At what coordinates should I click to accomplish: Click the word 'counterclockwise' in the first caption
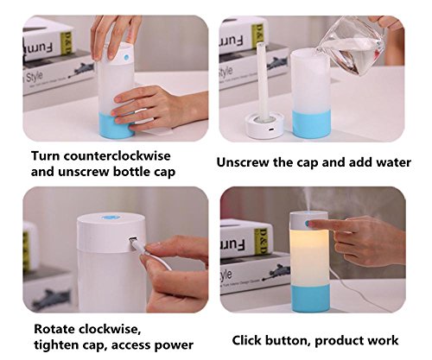(117, 156)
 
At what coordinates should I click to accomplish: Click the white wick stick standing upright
(263, 79)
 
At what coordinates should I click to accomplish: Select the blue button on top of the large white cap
(111, 218)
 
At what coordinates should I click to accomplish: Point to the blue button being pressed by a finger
(308, 223)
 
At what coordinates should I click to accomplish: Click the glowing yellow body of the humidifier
(309, 257)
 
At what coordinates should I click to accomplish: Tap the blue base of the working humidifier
(310, 299)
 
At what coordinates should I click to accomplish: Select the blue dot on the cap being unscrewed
(126, 58)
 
